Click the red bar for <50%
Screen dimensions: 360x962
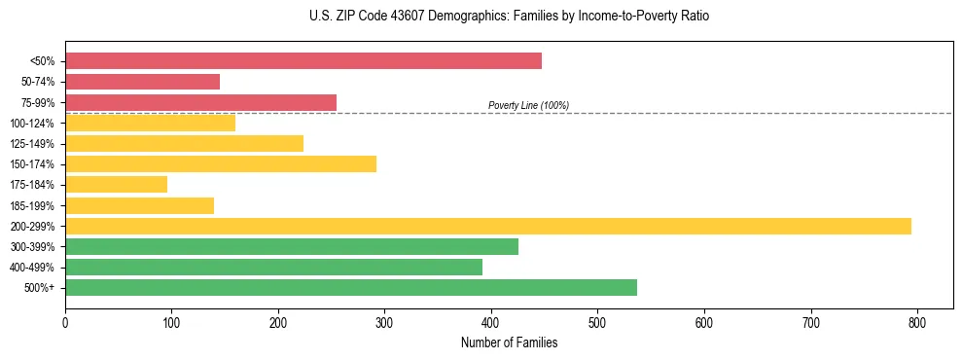303,61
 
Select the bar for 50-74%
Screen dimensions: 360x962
142,82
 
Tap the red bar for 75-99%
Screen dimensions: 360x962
200,102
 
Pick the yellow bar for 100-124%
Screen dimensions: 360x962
150,123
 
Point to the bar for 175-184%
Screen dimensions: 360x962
116,185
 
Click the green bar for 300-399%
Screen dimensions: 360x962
292,246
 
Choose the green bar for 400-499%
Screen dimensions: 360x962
273,267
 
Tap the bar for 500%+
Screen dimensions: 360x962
351,287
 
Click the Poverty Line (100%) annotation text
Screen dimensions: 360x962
528,105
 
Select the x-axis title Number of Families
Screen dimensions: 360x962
510,342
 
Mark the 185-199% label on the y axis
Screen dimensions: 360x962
32,205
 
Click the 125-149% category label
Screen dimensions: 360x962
32,144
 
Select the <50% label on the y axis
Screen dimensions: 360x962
43,61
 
